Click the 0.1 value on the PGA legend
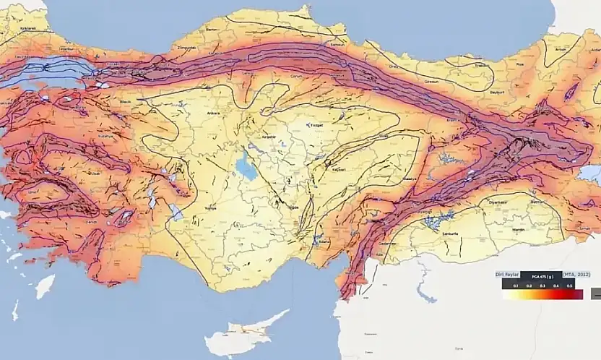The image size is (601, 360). (516, 287)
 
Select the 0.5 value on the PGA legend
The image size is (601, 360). (570, 287)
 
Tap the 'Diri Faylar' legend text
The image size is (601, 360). (508, 275)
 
